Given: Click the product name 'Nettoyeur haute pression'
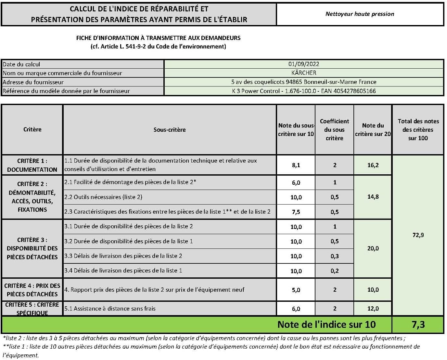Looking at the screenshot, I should pyautogui.click(x=360, y=14).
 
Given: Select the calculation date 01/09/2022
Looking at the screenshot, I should pyautogui.click(x=304, y=64).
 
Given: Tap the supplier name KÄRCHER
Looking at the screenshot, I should pyautogui.click(x=304, y=73).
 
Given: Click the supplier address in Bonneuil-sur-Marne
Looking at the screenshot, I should pyautogui.click(x=304, y=82).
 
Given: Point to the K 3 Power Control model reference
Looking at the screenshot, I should pyautogui.click(x=304, y=91).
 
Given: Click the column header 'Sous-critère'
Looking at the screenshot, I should pyautogui.click(x=170, y=129).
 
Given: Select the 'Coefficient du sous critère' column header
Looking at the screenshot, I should pyautogui.click(x=334, y=129).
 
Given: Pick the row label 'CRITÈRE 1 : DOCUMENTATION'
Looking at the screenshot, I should pyautogui.click(x=32, y=165).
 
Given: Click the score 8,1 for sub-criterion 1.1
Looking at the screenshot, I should pyautogui.click(x=296, y=165).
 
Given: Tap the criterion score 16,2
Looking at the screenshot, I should pyautogui.click(x=373, y=165).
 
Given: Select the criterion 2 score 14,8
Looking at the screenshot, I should pyautogui.click(x=373, y=197).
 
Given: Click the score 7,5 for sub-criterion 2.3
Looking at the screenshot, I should pyautogui.click(x=296, y=212).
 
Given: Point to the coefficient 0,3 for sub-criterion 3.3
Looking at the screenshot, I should pyautogui.click(x=335, y=256).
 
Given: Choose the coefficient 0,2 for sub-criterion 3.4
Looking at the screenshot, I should pyautogui.click(x=335, y=271).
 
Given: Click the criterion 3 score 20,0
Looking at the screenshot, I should pyautogui.click(x=373, y=248).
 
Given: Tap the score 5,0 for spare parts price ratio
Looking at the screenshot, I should pyautogui.click(x=296, y=290).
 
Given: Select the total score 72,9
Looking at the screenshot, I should pyautogui.click(x=418, y=235).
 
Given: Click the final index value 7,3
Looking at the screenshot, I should pyautogui.click(x=418, y=325).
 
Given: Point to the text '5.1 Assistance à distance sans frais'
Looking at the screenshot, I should pyautogui.click(x=110, y=309).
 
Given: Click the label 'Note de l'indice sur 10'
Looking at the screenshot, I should pyautogui.click(x=326, y=325).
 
